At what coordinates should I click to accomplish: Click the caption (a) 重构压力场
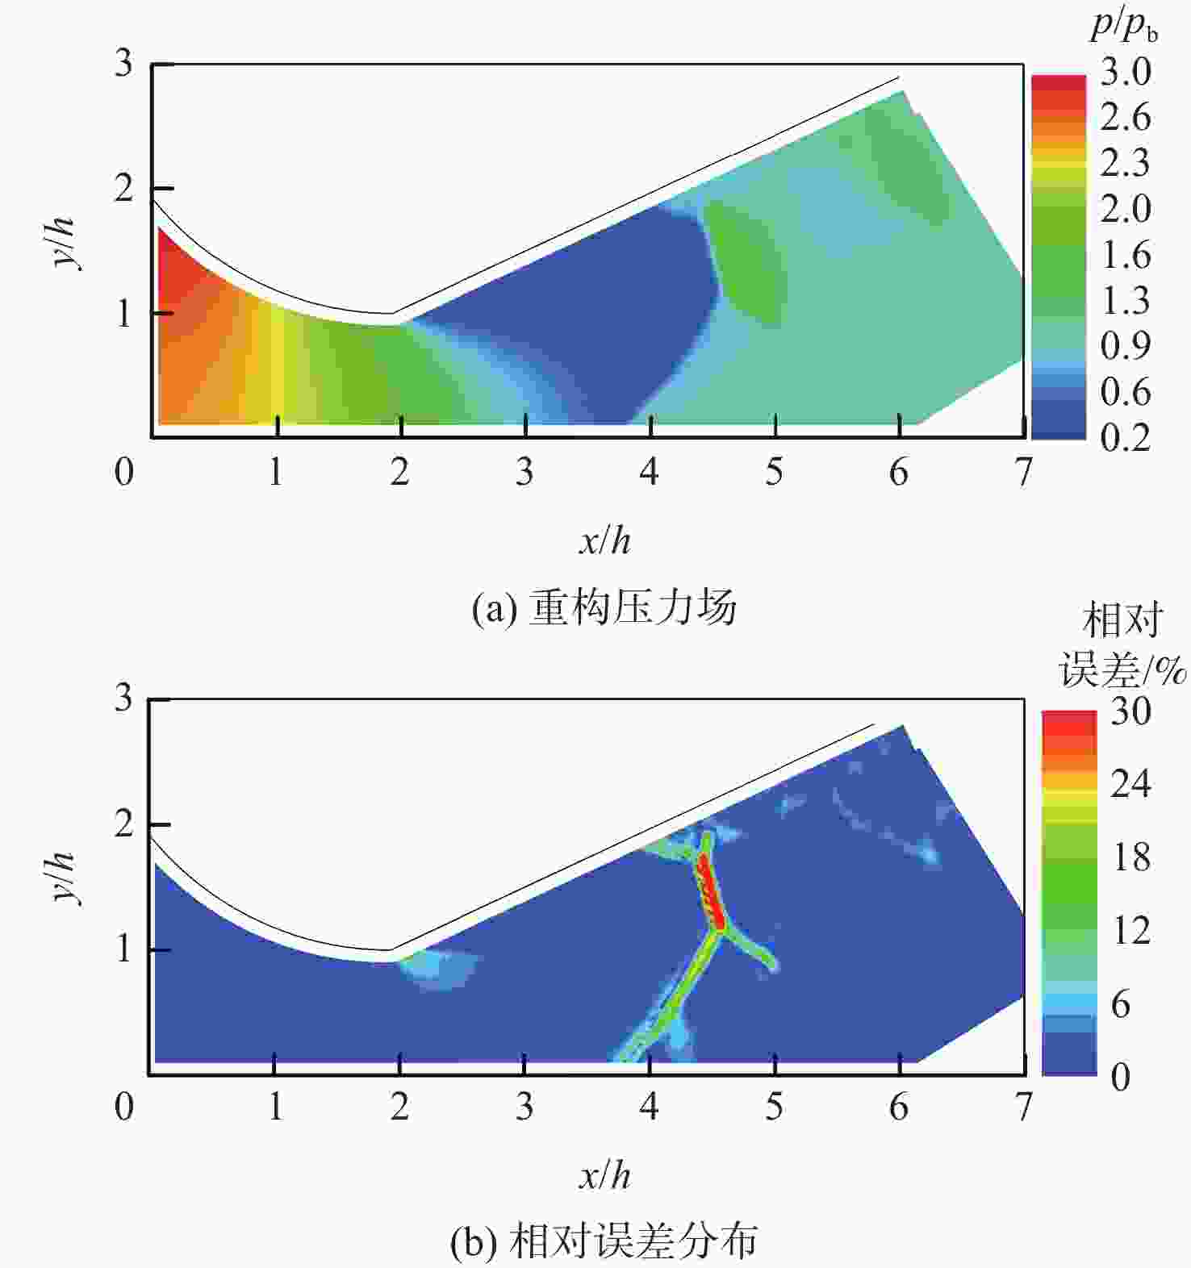tap(604, 608)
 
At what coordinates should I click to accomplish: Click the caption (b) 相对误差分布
tap(604, 1242)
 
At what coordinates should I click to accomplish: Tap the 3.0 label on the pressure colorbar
tap(1125, 73)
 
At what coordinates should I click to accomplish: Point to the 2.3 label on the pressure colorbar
tap(1125, 163)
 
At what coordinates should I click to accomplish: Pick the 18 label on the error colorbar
tap(1130, 857)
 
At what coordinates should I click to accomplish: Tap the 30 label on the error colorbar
tap(1130, 711)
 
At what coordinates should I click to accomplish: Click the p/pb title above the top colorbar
tap(1123, 27)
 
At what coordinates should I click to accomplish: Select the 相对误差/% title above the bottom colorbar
tap(1122, 645)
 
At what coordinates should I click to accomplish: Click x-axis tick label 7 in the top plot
tap(1023, 472)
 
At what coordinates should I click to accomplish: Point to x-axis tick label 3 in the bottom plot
tap(524, 1107)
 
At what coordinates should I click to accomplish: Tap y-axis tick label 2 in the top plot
tap(123, 189)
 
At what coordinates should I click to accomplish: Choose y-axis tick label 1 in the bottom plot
tap(123, 949)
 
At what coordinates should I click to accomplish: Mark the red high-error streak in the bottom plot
tap(709, 891)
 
